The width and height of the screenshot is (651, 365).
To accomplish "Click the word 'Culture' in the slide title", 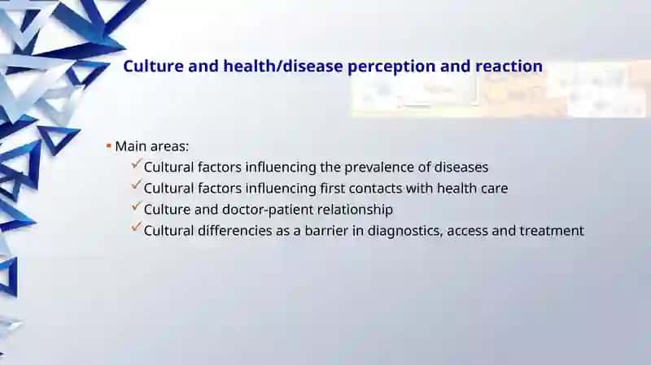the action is (153, 67).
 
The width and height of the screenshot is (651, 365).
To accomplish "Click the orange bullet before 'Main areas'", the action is (108, 146).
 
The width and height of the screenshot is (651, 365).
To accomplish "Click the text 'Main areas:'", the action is (152, 146).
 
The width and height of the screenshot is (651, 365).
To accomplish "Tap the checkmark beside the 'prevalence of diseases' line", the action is (136, 164).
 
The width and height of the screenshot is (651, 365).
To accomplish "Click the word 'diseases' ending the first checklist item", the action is (461, 167).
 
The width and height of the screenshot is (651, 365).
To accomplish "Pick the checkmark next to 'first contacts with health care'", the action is (136, 185).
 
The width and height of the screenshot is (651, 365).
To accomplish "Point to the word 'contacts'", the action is (375, 189).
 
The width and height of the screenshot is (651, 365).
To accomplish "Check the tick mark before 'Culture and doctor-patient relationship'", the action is (136, 206).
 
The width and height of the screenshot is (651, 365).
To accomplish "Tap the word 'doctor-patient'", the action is (268, 210).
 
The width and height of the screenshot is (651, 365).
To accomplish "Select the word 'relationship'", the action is (355, 210).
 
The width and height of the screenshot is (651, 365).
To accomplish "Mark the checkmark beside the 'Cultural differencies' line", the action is (136, 228).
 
